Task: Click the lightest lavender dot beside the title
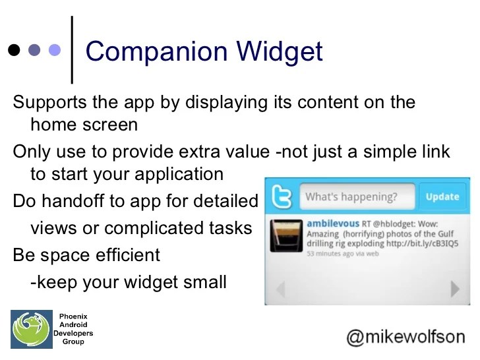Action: (55, 50)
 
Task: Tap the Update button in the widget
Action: (442, 196)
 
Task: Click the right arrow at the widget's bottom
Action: (454, 289)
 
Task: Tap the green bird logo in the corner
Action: (30, 329)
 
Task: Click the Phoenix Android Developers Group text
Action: (73, 329)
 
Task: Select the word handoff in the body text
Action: (76, 200)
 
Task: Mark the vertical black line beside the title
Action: (72, 49)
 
